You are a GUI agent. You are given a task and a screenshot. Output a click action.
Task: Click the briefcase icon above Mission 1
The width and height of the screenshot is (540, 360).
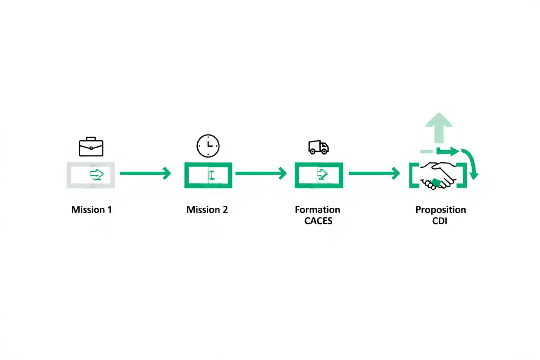tap(91, 147)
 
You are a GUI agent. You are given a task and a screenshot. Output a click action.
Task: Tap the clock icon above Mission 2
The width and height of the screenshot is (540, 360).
tap(208, 146)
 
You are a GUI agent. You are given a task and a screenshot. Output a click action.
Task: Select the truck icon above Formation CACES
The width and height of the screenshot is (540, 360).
tap(318, 147)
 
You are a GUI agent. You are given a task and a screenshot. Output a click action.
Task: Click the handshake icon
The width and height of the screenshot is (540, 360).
tap(437, 175)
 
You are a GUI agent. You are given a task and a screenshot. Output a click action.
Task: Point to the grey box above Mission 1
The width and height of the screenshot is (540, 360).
tap(90, 175)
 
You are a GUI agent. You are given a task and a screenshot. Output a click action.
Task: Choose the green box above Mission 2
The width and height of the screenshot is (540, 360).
tap(208, 175)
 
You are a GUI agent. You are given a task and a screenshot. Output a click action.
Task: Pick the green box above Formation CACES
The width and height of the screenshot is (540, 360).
tap(318, 175)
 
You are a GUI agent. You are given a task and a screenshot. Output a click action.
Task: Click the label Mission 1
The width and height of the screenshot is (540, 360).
tap(91, 210)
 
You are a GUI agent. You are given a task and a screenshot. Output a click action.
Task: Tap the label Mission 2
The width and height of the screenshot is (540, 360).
tap(207, 210)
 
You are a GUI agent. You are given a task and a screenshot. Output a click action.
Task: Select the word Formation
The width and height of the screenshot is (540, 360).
tap(317, 210)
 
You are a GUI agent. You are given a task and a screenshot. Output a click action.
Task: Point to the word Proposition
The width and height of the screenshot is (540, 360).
tap(440, 210)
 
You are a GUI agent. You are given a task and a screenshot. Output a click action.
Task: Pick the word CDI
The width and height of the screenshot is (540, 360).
tap(440, 221)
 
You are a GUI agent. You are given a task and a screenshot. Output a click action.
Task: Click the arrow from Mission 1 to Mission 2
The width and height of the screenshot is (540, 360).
tap(145, 174)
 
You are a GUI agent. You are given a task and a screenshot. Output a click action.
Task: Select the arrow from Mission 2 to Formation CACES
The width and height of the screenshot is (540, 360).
tap(260, 174)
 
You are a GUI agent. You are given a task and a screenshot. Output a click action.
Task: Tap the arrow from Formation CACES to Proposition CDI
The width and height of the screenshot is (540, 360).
tap(374, 174)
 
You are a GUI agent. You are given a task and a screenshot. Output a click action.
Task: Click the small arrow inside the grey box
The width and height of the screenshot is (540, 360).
tap(97, 174)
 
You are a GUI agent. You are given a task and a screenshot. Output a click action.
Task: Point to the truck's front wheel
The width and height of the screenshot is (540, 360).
tap(324, 151)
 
